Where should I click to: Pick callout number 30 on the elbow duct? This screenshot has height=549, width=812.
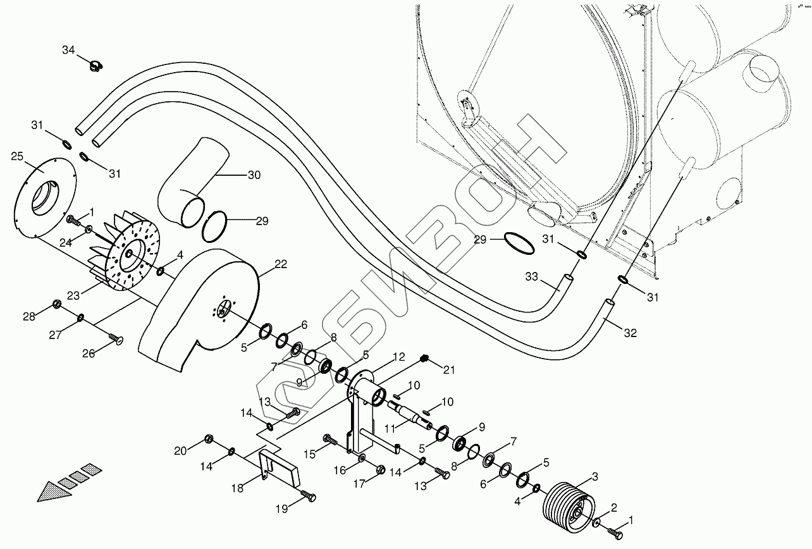point(254,175)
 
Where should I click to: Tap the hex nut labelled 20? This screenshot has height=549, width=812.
point(208,439)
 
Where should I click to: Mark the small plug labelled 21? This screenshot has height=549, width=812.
point(425,359)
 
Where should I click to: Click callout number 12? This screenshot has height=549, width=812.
point(398,357)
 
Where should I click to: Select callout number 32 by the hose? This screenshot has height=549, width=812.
point(630,334)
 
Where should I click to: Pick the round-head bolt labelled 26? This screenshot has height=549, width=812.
point(116,340)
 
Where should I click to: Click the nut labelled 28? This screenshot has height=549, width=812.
point(56,305)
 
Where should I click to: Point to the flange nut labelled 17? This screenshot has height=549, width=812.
point(381,469)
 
